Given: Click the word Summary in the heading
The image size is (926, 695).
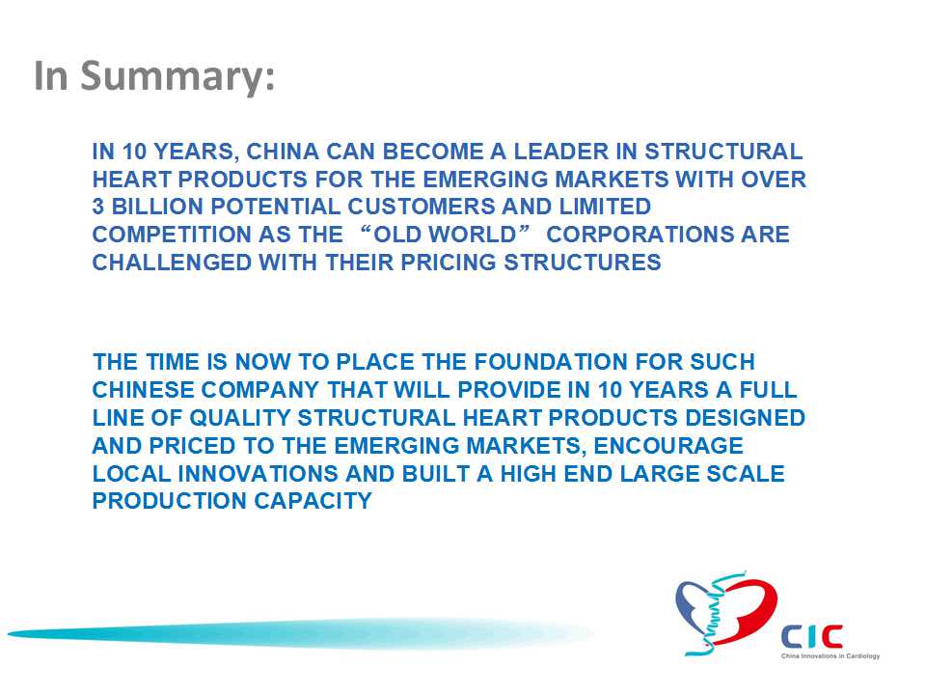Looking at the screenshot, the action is coord(177,77).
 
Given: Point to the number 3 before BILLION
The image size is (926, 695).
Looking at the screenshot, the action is coord(98,207).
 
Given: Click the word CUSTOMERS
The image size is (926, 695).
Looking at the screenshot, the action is coord(422,207).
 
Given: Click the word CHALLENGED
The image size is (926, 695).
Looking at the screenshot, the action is coord(172,263).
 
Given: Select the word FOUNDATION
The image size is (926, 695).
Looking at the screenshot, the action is coord(550,362).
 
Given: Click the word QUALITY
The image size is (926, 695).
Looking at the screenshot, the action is coord(240,418).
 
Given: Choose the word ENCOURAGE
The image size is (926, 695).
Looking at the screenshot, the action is coord(667,446).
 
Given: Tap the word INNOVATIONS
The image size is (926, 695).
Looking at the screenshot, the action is coord(259,474).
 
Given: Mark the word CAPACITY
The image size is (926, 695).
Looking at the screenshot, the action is coord(313,501).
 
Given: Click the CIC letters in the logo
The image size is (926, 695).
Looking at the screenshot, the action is coord(812,636).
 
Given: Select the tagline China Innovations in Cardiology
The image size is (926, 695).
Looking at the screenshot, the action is coord(831,656).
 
